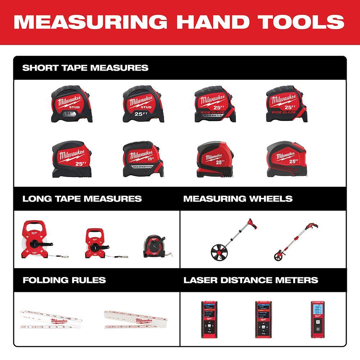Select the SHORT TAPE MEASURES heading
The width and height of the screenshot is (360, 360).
[x=85, y=68]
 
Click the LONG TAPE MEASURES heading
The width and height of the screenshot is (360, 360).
[x=82, y=199]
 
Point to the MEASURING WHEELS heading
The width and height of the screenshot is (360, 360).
[x=238, y=199]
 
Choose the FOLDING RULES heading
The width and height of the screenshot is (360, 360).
[x=64, y=280]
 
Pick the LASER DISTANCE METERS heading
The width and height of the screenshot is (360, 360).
[x=251, y=280]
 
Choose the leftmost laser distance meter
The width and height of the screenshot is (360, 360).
[x=209, y=319]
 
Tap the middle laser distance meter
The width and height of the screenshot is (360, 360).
[x=263, y=319]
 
